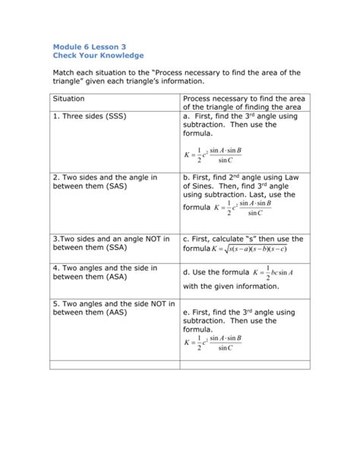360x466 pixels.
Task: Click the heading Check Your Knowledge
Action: [x=97, y=55]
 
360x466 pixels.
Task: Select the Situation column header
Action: [x=69, y=99]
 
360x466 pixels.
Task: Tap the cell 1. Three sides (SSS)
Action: [x=90, y=117]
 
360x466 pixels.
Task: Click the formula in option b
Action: [x=243, y=208]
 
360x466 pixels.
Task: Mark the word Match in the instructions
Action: [x=65, y=72]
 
